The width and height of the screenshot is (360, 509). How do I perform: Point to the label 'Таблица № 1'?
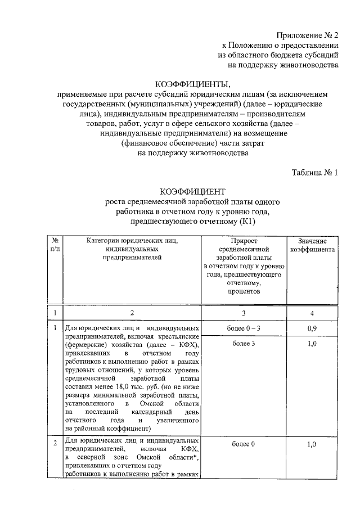[x=314, y=173]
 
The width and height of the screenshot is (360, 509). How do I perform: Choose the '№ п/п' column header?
[x=54, y=245]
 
